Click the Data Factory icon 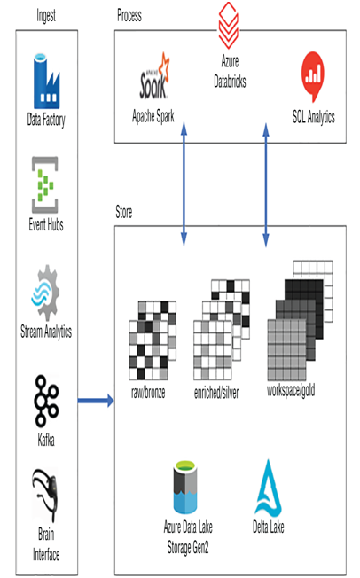click(46, 82)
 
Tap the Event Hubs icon click(45, 184)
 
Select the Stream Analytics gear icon click(45, 293)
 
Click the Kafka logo click(46, 402)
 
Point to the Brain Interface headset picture click(45, 495)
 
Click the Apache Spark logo click(154, 76)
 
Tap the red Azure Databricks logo click(229, 25)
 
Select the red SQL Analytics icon click(313, 76)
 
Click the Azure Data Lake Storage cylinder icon click(185, 487)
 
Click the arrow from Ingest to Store click(96, 401)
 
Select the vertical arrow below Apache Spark click(184, 184)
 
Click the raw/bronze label click(148, 393)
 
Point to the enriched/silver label click(216, 393)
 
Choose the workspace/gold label click(291, 390)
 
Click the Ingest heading click(46, 15)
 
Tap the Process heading click(129, 15)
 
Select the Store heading click(124, 212)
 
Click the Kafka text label click(46, 440)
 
